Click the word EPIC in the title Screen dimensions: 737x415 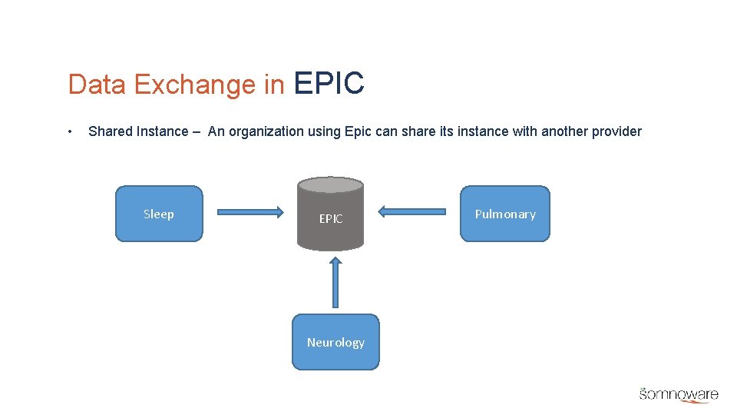(x=329, y=84)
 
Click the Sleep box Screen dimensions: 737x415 (x=159, y=214)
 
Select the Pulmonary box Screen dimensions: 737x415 (x=505, y=214)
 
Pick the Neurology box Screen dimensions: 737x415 (x=335, y=342)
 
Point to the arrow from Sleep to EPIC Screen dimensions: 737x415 (x=250, y=211)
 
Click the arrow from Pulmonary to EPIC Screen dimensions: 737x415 (x=412, y=211)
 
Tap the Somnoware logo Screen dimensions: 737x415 (x=679, y=393)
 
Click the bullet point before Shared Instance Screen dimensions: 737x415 (x=70, y=131)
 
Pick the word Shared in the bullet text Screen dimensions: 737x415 (x=111, y=131)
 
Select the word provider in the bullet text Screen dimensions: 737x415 (x=616, y=131)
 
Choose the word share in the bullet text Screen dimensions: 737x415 (x=415, y=131)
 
